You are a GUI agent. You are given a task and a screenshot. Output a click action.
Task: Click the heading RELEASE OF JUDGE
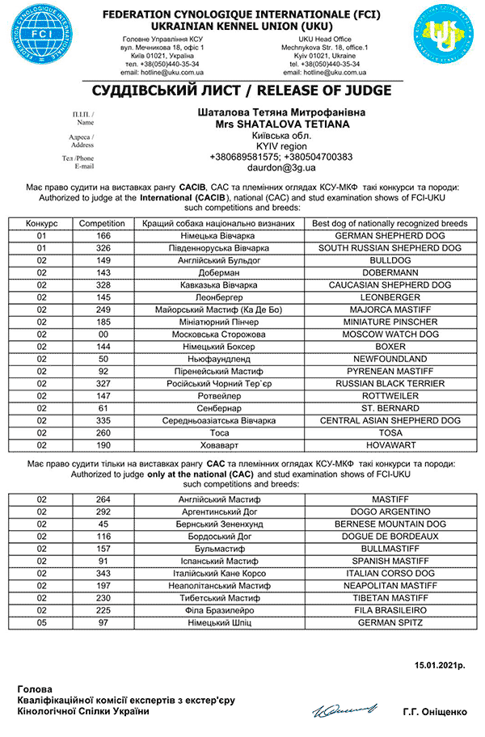[242, 90]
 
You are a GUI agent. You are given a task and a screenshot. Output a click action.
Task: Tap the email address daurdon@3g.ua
[280, 168]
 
